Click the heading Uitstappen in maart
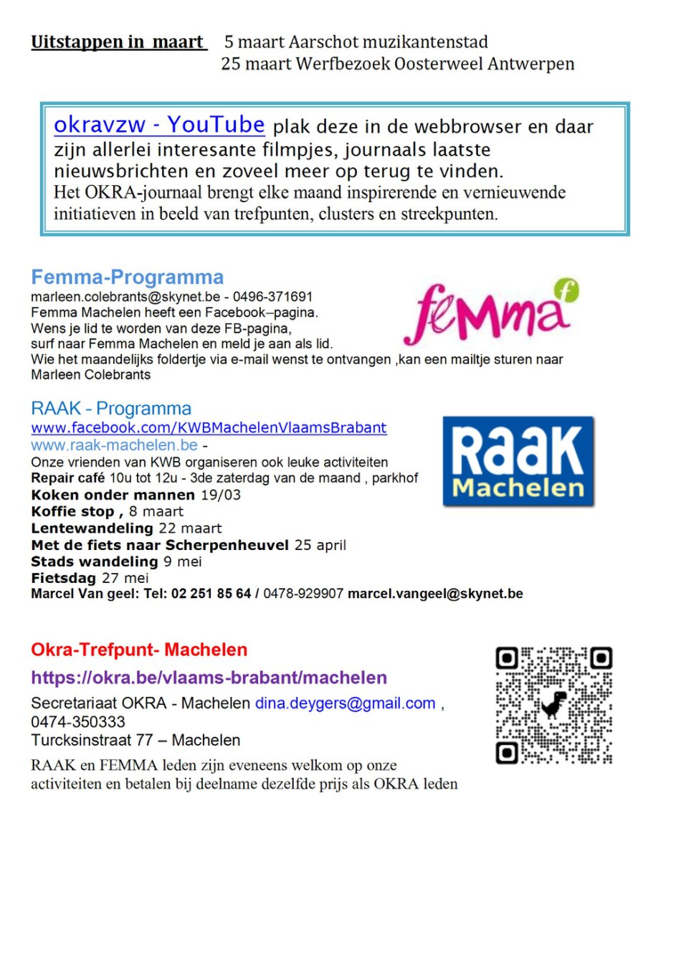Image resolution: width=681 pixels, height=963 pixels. tap(118, 42)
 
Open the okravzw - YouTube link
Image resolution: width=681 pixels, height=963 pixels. tap(159, 125)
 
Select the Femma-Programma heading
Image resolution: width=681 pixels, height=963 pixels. tap(127, 277)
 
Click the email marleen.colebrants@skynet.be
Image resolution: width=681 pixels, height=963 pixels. tap(125, 297)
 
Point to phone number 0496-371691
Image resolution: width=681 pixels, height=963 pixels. tap(272, 297)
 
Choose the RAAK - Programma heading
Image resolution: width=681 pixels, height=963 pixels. tap(111, 409)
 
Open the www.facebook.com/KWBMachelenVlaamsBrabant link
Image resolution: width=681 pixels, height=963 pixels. tap(209, 428)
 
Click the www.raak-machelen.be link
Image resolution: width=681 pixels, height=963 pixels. tap(114, 445)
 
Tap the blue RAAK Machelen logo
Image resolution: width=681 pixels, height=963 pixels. tap(518, 461)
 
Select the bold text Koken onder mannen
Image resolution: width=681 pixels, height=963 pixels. tap(113, 495)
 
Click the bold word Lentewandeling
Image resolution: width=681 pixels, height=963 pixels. tap(92, 528)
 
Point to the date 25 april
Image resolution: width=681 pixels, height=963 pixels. tap(320, 545)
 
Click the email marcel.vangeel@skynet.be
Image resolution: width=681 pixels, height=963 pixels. tap(435, 594)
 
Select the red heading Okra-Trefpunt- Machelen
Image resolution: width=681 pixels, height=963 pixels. tap(139, 650)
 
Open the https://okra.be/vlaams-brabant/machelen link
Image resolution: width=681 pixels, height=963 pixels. tap(209, 678)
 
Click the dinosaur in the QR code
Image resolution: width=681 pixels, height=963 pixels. tap(553, 704)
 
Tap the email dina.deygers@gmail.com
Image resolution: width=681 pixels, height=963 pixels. tap(346, 703)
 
